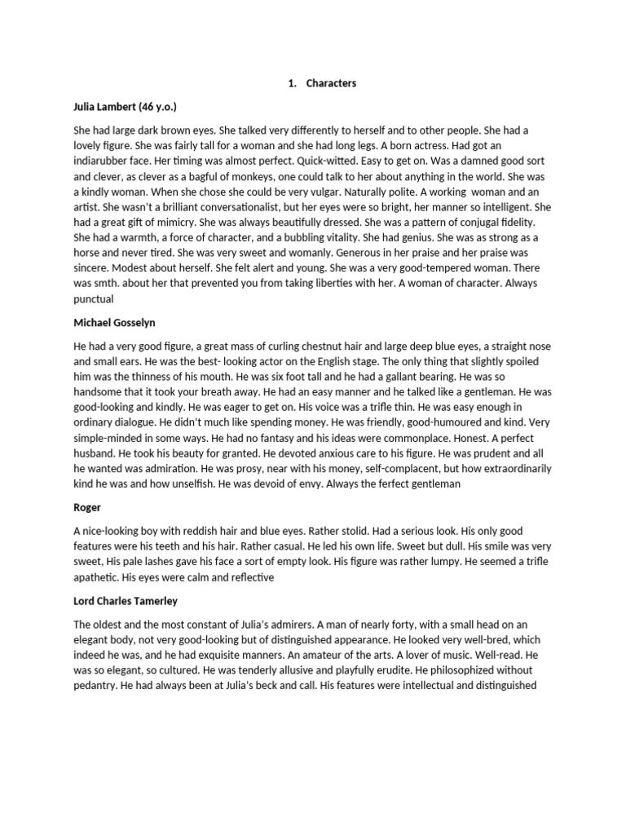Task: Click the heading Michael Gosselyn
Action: click(x=117, y=323)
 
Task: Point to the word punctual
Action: click(x=95, y=299)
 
